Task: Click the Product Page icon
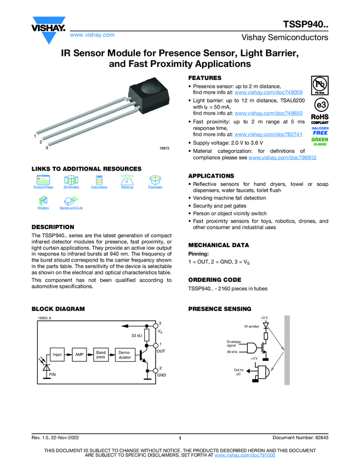click(x=43, y=180)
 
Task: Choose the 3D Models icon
click(x=71, y=180)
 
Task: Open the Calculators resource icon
click(x=99, y=180)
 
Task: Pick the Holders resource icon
click(x=43, y=201)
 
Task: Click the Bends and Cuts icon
click(x=71, y=201)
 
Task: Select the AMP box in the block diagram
click(x=79, y=355)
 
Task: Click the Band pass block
click(x=101, y=355)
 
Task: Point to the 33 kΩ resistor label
click(x=136, y=335)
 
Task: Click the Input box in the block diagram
click(x=57, y=355)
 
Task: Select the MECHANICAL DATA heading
click(x=218, y=245)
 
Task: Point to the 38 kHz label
click(x=232, y=352)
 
